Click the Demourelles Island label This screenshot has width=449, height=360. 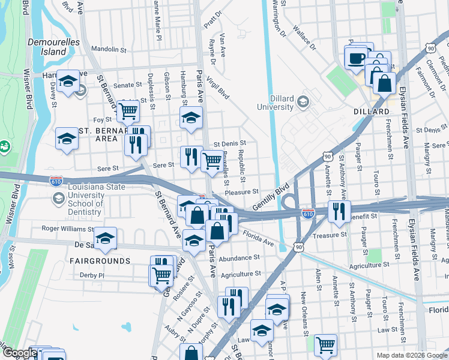point(46,47)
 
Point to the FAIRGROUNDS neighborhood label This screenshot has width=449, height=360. point(100,261)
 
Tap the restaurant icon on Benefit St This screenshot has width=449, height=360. point(339,211)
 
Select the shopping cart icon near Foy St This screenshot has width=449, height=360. point(128,110)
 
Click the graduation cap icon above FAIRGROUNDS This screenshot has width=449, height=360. point(105,239)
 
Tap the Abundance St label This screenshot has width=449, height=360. point(239,257)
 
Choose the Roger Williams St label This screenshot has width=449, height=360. point(67,228)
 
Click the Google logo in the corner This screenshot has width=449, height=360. point(19,353)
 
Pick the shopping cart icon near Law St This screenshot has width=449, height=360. point(325,345)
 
